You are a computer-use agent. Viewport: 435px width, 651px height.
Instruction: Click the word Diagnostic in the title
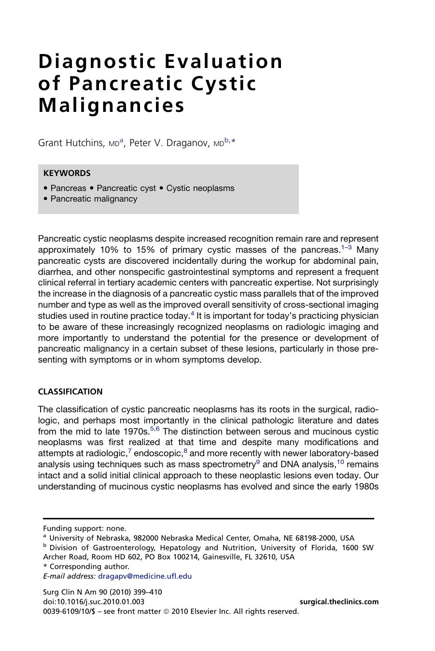98,62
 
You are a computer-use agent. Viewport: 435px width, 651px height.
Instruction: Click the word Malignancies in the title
112,106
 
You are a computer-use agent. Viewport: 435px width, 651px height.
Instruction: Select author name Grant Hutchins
70,143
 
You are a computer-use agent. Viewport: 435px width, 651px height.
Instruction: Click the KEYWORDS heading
67,173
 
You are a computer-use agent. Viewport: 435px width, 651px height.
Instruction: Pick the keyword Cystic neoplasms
200,188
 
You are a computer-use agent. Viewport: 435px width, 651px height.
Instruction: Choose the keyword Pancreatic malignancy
94,199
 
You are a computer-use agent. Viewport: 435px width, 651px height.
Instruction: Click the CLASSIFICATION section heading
70,392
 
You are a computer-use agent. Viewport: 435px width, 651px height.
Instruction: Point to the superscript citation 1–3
346,247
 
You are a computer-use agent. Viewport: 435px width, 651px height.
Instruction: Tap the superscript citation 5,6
154,428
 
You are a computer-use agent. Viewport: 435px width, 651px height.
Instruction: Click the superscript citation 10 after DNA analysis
340,462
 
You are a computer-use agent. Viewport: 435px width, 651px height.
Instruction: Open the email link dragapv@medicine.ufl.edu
145,576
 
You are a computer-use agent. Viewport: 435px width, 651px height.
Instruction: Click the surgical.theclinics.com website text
339,601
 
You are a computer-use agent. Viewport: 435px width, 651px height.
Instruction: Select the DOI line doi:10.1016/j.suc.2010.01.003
94,601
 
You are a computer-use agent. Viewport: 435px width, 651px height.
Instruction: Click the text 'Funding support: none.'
84,528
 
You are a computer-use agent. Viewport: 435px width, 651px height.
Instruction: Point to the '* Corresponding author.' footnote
86,566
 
